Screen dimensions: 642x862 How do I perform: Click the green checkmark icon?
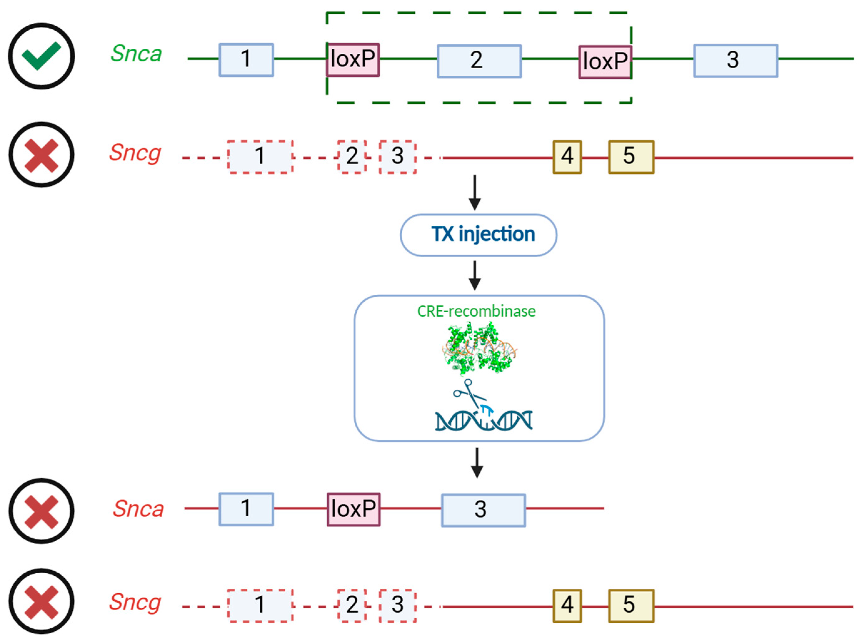pos(41,56)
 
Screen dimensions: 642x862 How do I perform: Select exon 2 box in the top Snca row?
pos(479,61)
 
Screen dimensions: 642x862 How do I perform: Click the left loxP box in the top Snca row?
pos(353,59)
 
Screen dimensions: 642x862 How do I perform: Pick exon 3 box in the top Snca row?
pos(735,61)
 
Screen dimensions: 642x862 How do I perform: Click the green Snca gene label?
pos(136,54)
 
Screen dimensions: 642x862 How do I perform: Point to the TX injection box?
pos(479,235)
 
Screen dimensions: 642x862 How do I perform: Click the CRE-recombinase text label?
pos(476,311)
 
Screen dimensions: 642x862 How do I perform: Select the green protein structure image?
pos(479,349)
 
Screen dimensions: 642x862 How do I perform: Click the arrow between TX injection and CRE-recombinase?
pos(474,275)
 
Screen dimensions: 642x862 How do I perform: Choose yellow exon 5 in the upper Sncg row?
pos(631,157)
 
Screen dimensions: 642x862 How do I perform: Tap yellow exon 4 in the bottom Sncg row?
pos(567,605)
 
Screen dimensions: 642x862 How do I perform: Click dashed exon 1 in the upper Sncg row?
pos(260,157)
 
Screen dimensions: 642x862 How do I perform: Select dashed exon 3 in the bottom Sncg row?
pos(397,605)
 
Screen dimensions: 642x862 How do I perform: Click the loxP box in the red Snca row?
pos(353,509)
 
